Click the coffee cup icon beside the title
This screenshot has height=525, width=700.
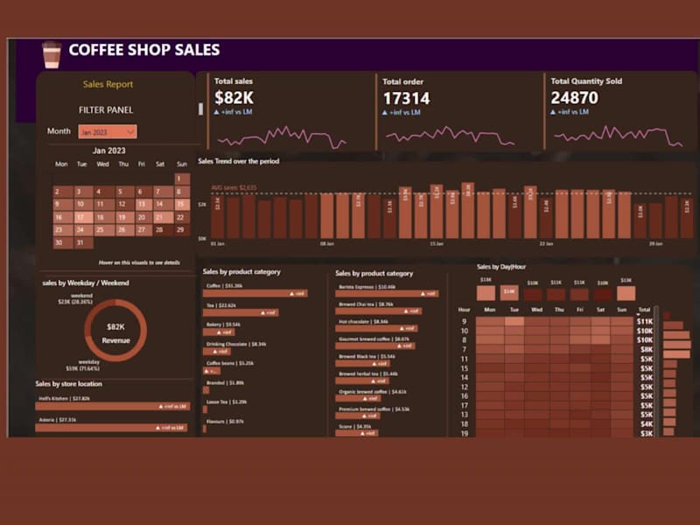point(52,54)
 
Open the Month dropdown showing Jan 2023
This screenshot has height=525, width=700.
point(107,131)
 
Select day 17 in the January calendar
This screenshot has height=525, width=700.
point(80,217)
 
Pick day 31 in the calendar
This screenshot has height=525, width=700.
point(80,243)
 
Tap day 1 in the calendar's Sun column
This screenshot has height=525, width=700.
point(182,178)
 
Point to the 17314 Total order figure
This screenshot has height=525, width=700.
point(406,98)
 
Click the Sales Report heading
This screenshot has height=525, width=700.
point(108,85)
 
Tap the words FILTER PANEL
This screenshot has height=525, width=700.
point(107,110)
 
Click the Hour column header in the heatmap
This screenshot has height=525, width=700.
point(464,310)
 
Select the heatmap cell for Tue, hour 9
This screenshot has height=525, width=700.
point(514,321)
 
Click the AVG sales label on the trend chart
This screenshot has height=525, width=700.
point(234,187)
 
